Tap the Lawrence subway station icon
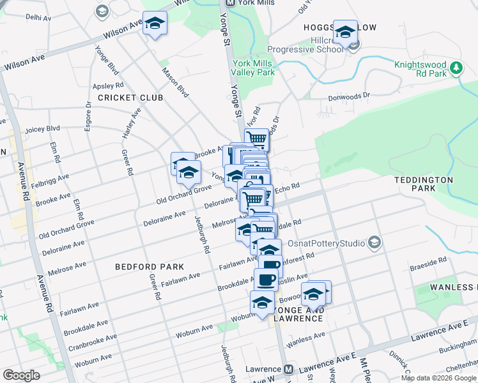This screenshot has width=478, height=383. (289, 370)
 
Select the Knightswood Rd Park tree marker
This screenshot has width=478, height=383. (456, 68)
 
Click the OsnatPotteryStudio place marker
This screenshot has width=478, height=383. (374, 243)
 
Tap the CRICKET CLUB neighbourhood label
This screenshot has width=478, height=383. (130, 98)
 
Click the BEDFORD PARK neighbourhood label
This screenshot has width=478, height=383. (150, 266)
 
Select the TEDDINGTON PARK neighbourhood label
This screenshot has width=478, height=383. (423, 184)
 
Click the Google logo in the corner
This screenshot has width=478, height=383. (21, 375)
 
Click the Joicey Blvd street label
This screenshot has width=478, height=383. (42, 129)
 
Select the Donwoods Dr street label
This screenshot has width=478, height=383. (349, 96)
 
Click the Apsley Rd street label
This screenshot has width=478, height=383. (107, 85)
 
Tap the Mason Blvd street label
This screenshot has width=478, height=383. (175, 83)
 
